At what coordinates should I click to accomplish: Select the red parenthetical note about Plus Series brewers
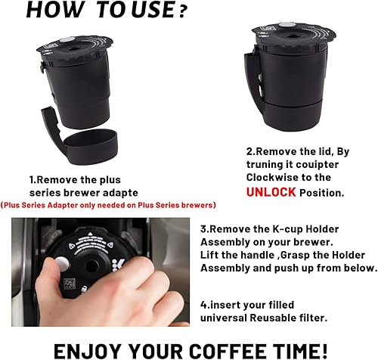click(x=109, y=205)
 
